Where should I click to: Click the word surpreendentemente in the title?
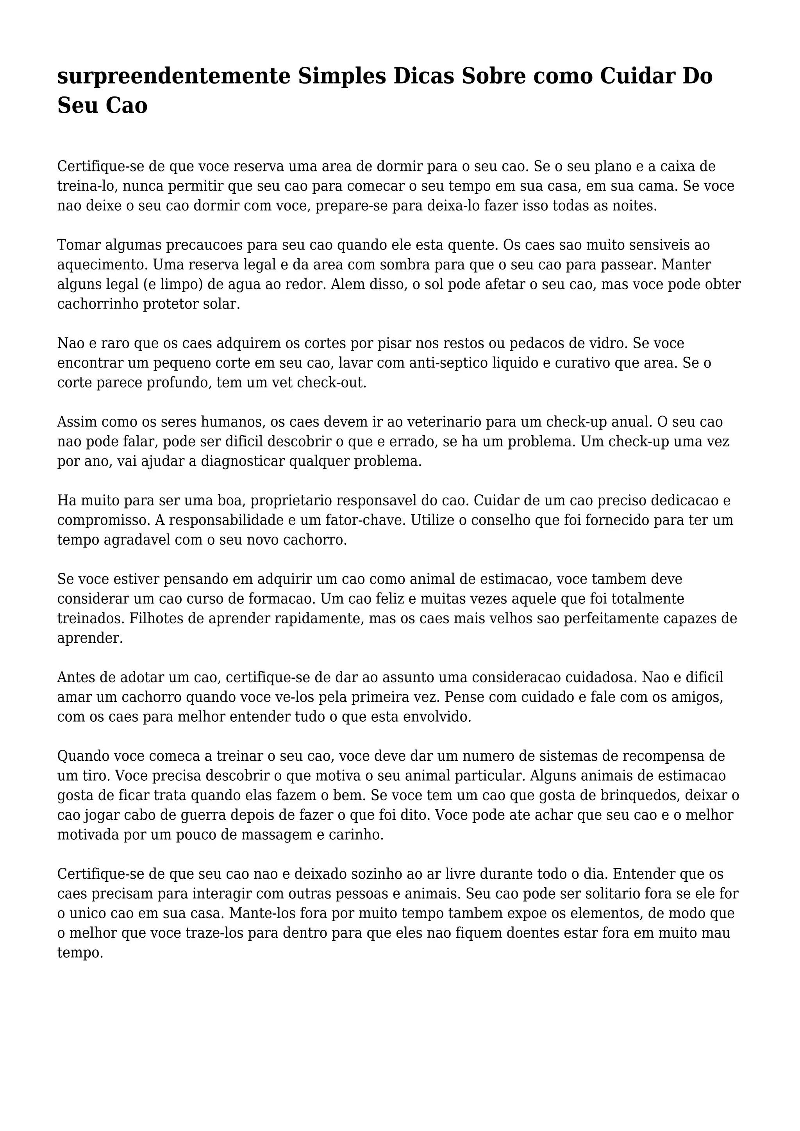click(x=173, y=77)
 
